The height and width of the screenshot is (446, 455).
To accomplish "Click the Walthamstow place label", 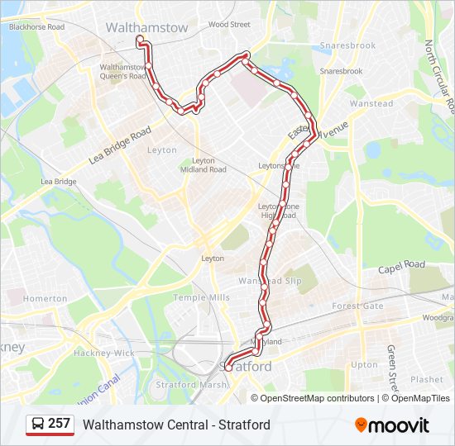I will coord(146,27).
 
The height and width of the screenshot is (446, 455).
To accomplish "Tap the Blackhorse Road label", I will coord(36,27).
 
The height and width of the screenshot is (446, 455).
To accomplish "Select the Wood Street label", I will coord(229,25).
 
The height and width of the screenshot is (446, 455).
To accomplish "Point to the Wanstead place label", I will coord(371,104).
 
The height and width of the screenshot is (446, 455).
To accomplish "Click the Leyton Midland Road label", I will coord(203,164).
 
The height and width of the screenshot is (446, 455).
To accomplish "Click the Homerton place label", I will coord(45,298).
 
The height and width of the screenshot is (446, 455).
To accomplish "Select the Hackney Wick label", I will coord(103,353).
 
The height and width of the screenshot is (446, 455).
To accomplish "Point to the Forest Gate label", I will coord(358,306).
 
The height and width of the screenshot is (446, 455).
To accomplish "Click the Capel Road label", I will coord(401,266).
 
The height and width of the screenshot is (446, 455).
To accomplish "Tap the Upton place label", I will coord(365,364).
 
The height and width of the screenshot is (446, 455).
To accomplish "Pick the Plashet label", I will coord(427,380).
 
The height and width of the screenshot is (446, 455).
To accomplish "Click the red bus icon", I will coord(37,425).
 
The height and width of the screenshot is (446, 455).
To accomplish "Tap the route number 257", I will coord(60,424).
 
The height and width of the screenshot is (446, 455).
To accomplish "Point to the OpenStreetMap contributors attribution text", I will coord(318,398).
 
